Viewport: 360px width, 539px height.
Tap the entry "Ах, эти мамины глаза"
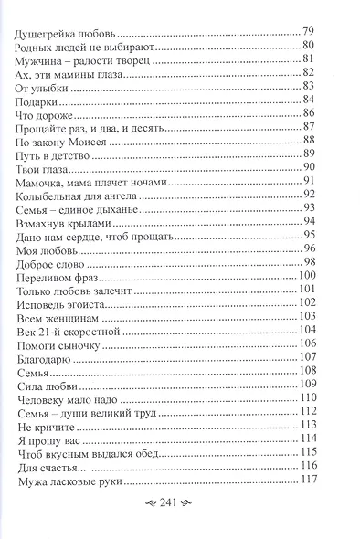(x=70, y=73)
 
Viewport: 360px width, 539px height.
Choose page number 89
(x=309, y=154)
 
